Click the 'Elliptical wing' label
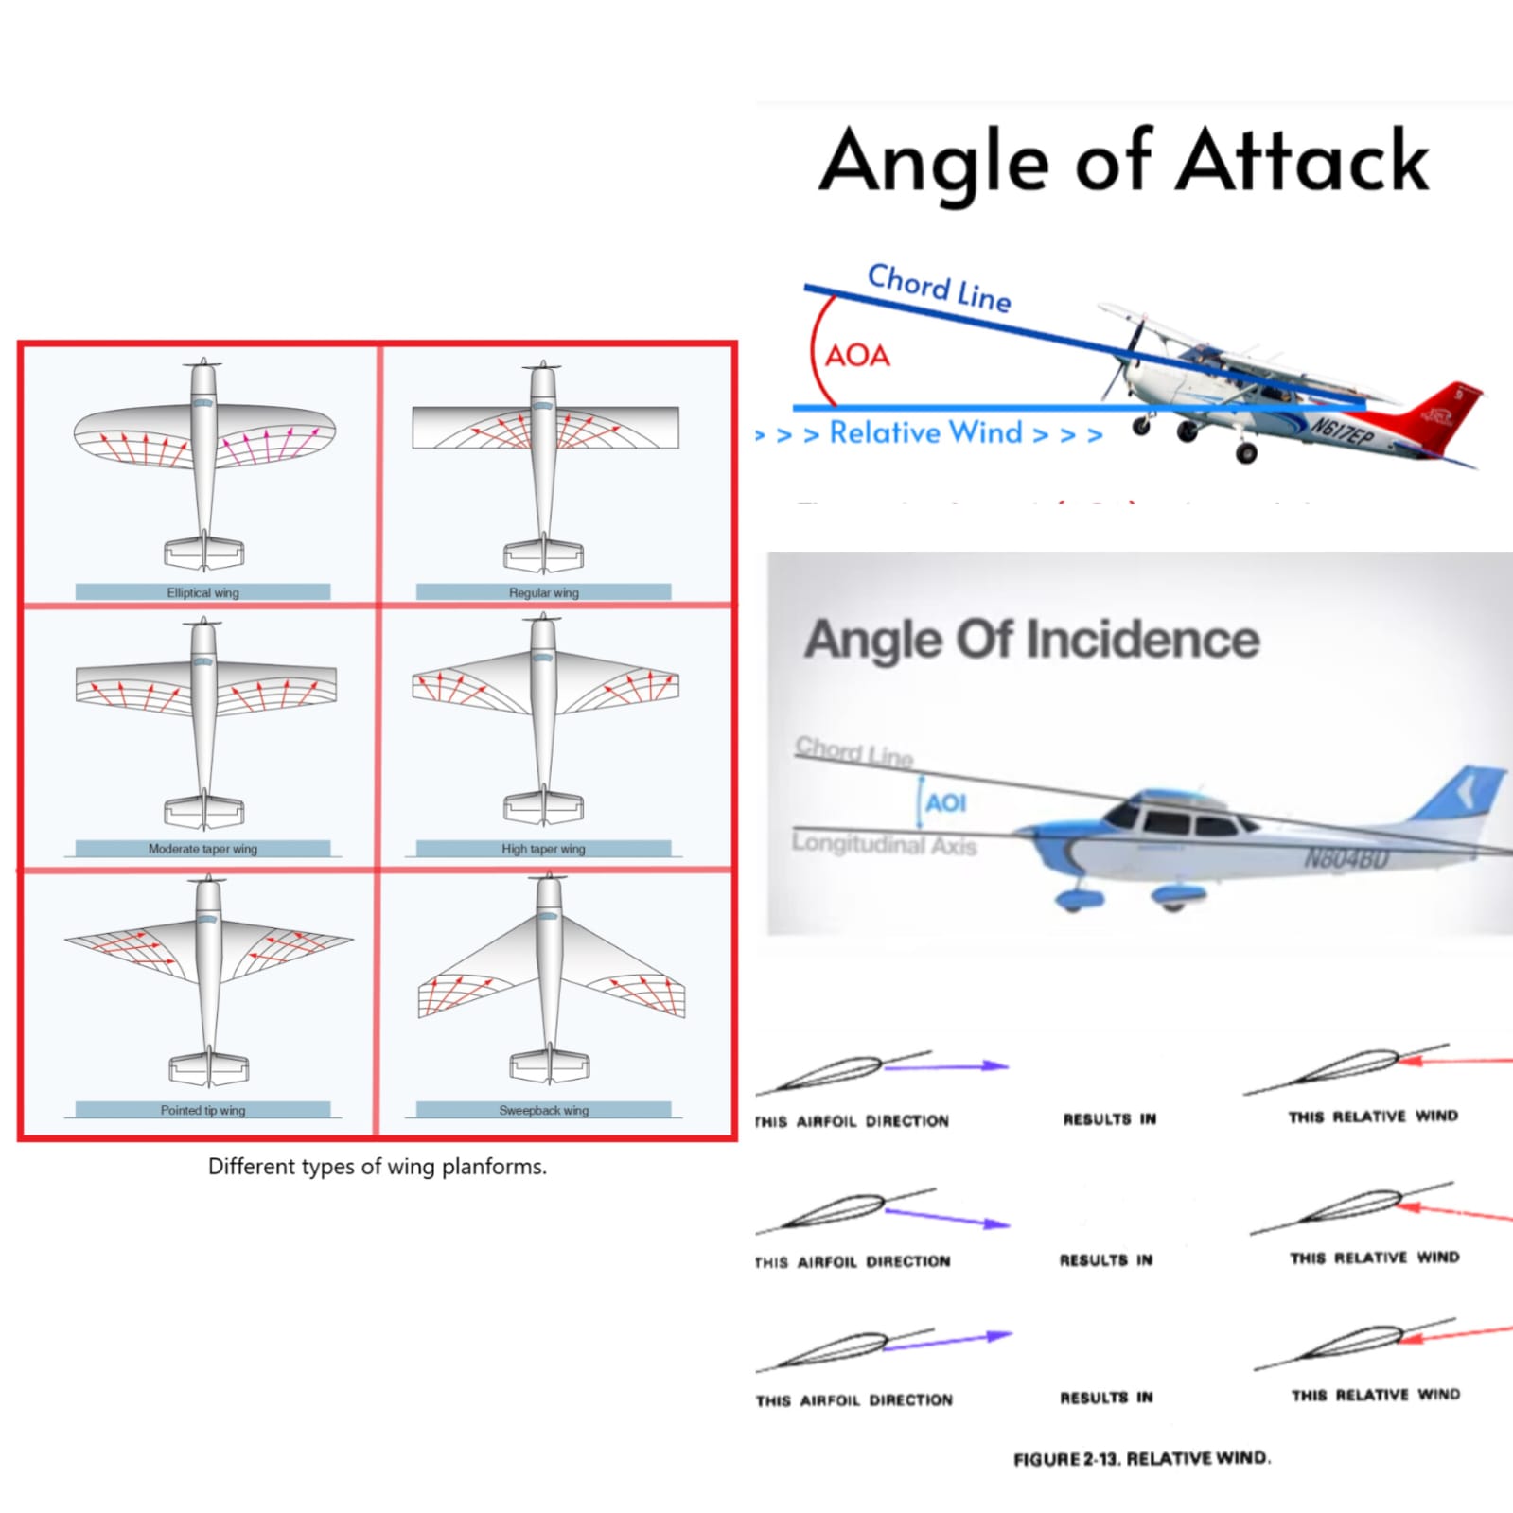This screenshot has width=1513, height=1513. click(202, 592)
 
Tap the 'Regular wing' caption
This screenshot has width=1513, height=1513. click(543, 592)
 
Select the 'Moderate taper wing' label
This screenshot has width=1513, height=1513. click(202, 849)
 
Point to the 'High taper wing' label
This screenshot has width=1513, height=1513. click(543, 849)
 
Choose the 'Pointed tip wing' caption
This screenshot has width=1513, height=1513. click(202, 1110)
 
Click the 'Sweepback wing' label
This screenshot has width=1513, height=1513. click(543, 1110)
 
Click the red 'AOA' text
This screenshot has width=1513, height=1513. click(857, 356)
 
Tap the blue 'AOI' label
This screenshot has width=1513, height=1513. click(945, 803)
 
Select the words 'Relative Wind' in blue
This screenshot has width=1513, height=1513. click(925, 432)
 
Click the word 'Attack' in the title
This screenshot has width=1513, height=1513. click(1302, 161)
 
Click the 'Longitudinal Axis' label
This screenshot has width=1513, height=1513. click(884, 843)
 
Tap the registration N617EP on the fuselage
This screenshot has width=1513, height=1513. click(1341, 433)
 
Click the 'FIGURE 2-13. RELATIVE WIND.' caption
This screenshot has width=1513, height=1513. click(1141, 1458)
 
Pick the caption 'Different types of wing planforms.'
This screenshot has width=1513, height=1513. click(377, 1166)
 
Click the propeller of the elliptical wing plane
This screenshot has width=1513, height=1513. click(203, 363)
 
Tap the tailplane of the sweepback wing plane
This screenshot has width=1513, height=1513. click(550, 1066)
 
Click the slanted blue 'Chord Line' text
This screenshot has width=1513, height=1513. click(939, 287)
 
